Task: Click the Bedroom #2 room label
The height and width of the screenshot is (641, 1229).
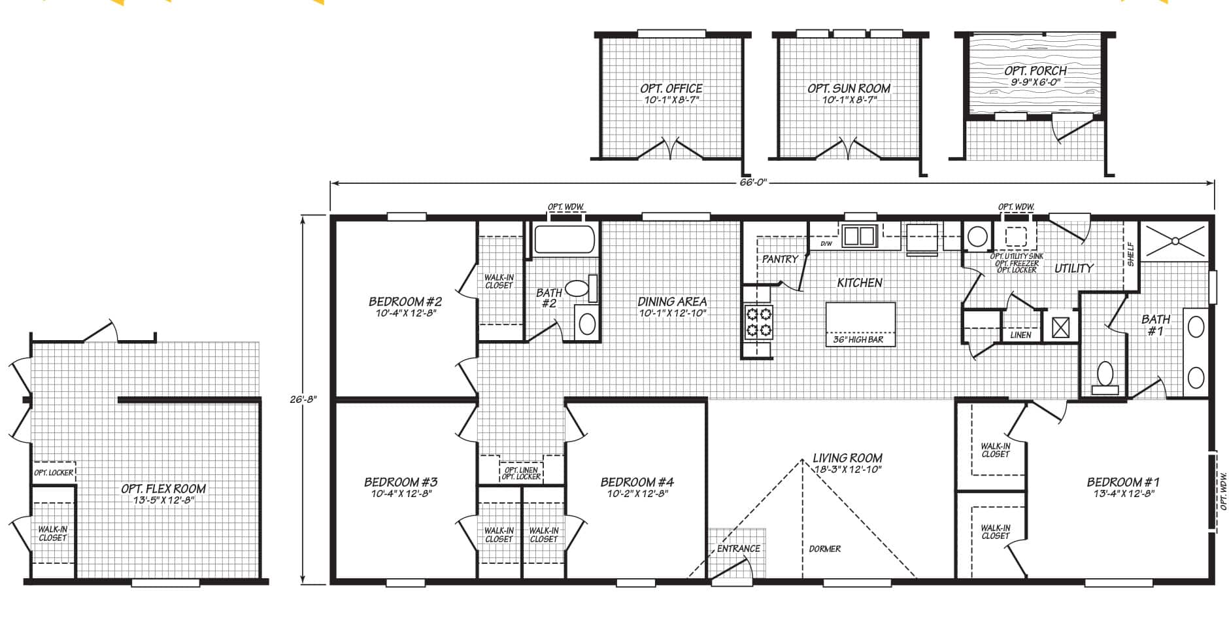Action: [405, 302]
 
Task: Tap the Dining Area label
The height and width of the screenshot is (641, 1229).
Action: [672, 302]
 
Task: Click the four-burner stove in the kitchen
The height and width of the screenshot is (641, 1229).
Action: [758, 322]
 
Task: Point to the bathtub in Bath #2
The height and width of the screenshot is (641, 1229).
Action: [565, 239]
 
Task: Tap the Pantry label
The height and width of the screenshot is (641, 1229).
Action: [780, 259]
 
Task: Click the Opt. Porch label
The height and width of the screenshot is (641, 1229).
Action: [1035, 70]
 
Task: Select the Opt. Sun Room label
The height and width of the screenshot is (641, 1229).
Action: [849, 88]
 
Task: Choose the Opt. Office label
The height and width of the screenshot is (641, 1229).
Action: [671, 88]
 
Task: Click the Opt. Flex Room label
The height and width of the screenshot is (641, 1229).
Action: [163, 488]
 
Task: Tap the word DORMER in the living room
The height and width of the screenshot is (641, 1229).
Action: [824, 549]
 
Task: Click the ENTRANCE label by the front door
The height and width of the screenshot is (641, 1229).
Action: [739, 549]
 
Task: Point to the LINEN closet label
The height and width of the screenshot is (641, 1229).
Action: [1020, 335]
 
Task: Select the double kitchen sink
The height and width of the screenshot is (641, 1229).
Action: [859, 235]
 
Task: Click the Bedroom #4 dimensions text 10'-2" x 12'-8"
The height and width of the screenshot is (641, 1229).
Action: [637, 494]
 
